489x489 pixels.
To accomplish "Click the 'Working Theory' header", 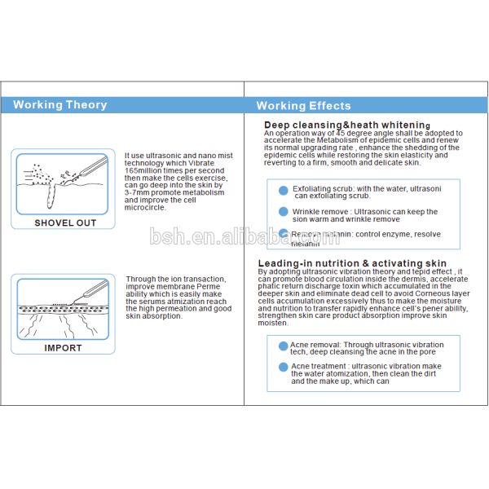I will click(59, 105).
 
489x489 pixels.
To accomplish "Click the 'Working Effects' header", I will click(303, 106).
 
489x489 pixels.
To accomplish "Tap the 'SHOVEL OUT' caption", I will click(65, 222).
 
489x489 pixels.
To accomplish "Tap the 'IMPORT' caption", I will click(63, 348).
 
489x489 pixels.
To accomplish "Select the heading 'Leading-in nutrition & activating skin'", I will click(352, 263).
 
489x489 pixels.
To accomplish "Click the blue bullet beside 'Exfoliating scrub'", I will click(284, 190).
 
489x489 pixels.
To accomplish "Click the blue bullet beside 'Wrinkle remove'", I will click(284, 213).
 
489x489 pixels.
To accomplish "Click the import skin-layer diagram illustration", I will click(63, 308).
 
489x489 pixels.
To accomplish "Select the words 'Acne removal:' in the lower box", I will click(315, 345).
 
